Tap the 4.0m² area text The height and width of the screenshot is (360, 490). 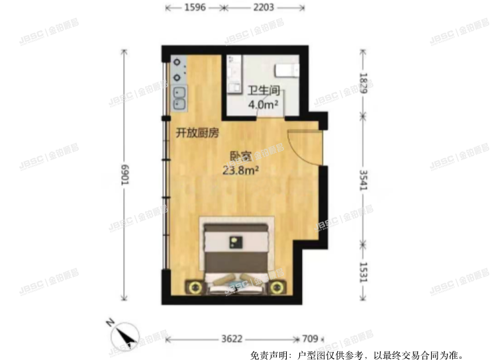[262, 103]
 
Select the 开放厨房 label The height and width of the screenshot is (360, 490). [197, 133]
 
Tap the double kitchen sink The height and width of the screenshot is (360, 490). [179, 97]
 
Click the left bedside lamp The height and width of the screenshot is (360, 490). [194, 287]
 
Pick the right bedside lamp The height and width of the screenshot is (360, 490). [276, 287]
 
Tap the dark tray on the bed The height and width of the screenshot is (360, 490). [234, 241]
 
